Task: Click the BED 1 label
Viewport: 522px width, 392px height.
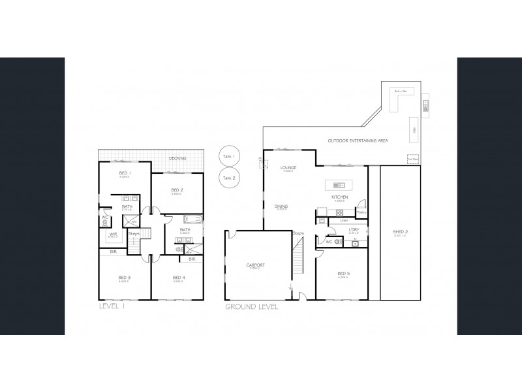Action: click(x=125, y=172)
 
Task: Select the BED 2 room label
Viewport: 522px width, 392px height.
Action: click(x=176, y=190)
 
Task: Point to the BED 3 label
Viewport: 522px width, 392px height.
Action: click(x=125, y=278)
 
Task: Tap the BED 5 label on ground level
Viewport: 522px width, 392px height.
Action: click(x=343, y=273)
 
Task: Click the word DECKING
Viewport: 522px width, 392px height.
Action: click(x=177, y=159)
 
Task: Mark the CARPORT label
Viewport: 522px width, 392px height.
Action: click(x=254, y=265)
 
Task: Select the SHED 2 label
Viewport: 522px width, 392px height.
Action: click(x=401, y=232)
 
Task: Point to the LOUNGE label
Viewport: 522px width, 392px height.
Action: click(x=288, y=168)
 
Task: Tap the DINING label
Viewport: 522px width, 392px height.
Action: click(x=282, y=206)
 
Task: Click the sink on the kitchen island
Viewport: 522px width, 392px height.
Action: click(x=339, y=184)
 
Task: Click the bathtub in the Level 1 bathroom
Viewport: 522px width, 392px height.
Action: click(x=194, y=219)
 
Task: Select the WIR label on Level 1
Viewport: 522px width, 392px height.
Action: click(x=113, y=235)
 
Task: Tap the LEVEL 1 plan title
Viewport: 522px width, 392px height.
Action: click(x=114, y=306)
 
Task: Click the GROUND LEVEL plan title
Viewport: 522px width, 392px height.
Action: click(x=251, y=306)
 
